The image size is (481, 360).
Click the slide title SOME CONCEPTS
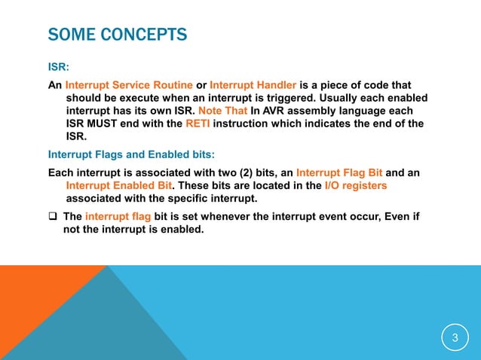pos(117,35)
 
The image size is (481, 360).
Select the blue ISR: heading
pos(59,67)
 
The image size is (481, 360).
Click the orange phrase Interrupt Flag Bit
pos(341,172)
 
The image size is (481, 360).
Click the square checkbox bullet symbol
pos(53,217)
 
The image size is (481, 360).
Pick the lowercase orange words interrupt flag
pos(118,217)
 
